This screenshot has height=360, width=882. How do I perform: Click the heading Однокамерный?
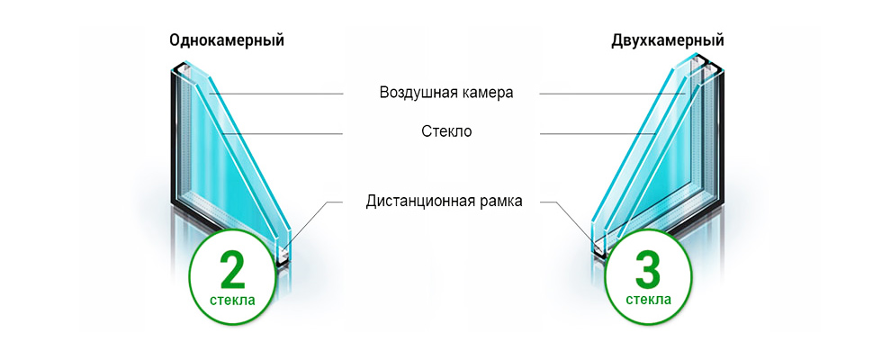click(227, 41)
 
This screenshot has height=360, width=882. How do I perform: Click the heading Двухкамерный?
click(668, 41)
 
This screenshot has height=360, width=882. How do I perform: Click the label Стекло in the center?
click(446, 132)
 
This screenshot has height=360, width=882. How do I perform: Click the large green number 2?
click(232, 269)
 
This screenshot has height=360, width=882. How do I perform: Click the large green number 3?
click(649, 269)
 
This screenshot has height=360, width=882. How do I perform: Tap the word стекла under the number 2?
click(232, 301)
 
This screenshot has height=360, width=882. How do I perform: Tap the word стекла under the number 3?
click(649, 301)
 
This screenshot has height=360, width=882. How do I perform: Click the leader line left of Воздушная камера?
click(275, 94)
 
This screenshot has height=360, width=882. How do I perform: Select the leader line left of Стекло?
click(283, 134)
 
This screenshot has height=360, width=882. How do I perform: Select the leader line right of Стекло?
click(598, 134)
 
